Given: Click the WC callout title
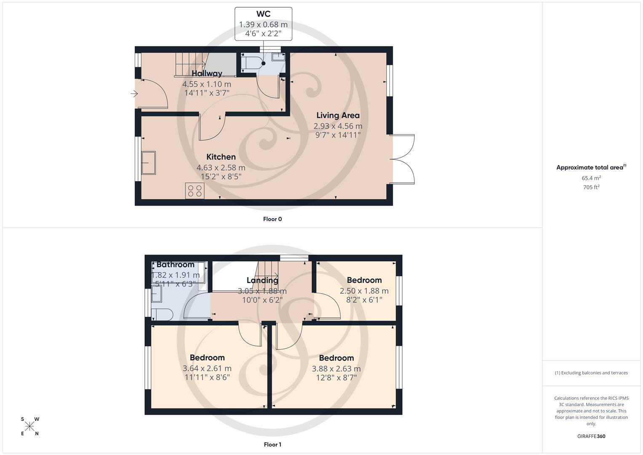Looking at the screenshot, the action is (x=263, y=14).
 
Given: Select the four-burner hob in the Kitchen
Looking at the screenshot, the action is (x=195, y=191).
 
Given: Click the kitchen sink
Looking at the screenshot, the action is (x=149, y=163).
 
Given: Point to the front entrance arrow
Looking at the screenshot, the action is (x=134, y=94).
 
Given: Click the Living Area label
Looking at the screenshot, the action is (x=338, y=115).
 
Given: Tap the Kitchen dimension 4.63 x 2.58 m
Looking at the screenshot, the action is (x=221, y=168).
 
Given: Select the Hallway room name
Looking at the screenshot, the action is (x=207, y=74).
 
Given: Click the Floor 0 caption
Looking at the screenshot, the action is (x=272, y=219).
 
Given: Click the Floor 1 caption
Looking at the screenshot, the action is (x=272, y=444).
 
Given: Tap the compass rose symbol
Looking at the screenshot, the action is (x=29, y=426).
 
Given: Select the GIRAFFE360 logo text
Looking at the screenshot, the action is (x=591, y=436).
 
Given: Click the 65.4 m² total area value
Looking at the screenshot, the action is (x=591, y=178).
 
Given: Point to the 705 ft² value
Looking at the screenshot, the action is (x=591, y=187).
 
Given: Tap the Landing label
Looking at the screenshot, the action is (x=262, y=280).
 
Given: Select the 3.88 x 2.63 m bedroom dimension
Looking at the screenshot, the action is (x=336, y=369).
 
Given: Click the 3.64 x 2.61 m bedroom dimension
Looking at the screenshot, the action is (x=207, y=368).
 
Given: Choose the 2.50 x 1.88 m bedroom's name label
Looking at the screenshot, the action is (x=364, y=280).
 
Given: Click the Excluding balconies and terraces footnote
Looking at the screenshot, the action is (x=591, y=373).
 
